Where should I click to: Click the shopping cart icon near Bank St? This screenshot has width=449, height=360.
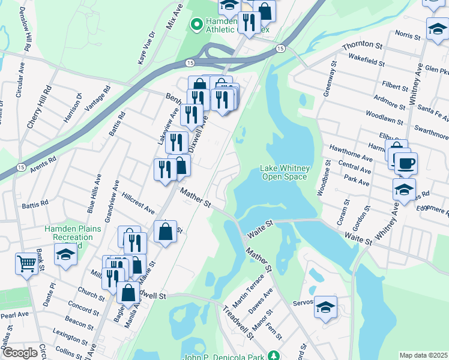click(x=27, y=263)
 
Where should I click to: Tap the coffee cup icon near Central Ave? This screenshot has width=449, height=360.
click(x=405, y=163)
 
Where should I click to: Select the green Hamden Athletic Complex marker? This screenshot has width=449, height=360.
click(x=195, y=25)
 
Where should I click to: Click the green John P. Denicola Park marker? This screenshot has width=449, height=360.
click(x=274, y=356)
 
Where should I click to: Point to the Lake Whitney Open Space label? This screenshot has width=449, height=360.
click(x=283, y=172)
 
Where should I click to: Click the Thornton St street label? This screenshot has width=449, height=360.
click(x=362, y=46)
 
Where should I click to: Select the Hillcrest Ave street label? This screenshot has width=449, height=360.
click(x=138, y=203)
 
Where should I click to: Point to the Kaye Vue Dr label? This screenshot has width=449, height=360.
click(x=146, y=48)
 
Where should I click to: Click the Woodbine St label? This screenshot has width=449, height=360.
click(x=322, y=178)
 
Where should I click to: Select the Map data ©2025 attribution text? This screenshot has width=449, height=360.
click(x=423, y=355)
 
